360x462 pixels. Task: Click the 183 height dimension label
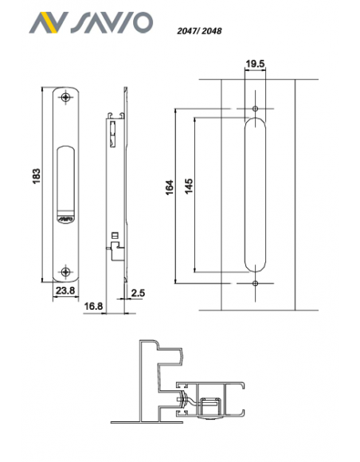pyautogui.click(x=36, y=176)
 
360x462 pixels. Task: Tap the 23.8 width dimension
pyautogui.click(x=65, y=291)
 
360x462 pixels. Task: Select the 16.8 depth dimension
pyautogui.click(x=93, y=306)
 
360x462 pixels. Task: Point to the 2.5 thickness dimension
pyautogui.click(x=138, y=293)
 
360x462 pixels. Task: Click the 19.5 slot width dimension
pyautogui.click(x=255, y=64)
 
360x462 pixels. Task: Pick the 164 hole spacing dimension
pyautogui.click(x=170, y=187)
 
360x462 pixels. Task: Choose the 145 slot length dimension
pyautogui.click(x=188, y=186)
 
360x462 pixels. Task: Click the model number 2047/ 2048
pyautogui.click(x=199, y=30)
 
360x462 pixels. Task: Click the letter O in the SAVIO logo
pyautogui.click(x=142, y=22)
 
